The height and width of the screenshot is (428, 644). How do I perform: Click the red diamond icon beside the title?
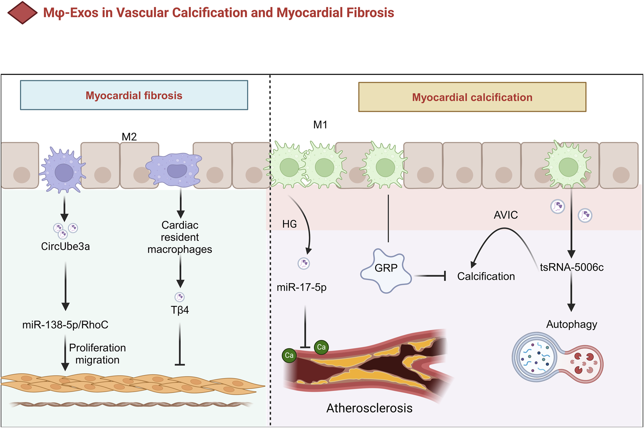pos(22,13)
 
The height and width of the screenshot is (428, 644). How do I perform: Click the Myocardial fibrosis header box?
pos(134,95)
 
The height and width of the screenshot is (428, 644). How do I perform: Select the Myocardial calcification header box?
pos(472,97)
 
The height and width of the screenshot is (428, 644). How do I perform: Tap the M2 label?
pos(129,137)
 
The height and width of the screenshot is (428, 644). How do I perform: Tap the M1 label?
pos(320,125)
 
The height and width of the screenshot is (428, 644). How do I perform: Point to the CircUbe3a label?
pos(65,246)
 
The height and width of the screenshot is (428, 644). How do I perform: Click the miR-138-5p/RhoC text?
pos(65,325)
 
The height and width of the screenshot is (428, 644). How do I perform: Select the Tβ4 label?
pos(180,310)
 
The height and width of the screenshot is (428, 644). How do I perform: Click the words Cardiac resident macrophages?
pos(180,237)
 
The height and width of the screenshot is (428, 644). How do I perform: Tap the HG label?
pos(289,224)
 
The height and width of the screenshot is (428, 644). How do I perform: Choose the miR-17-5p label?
pos(302,288)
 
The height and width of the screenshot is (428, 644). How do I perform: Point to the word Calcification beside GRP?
pos(486,276)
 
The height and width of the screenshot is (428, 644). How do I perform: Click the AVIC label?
pos(506,215)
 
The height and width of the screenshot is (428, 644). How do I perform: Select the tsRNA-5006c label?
pos(572,267)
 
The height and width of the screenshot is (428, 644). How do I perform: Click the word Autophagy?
pos(572,324)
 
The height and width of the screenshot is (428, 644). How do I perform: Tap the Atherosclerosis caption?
pos(369,408)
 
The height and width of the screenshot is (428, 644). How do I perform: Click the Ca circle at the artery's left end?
pos(289,355)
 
